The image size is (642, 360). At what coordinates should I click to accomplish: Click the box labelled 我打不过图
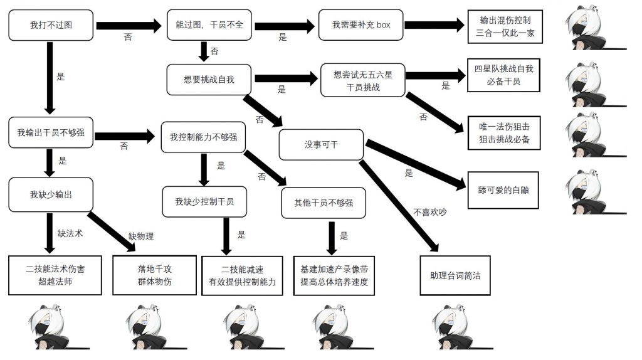(51, 26)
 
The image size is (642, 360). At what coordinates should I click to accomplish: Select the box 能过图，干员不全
(209, 26)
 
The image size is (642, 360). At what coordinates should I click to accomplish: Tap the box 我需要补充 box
(361, 26)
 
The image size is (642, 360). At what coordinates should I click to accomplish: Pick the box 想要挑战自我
(209, 79)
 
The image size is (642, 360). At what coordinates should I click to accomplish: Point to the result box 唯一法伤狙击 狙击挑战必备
(504, 132)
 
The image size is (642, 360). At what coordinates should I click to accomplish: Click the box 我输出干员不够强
(51, 132)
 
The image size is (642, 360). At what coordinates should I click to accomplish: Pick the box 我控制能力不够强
(203, 136)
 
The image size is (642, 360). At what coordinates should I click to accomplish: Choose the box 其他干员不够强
(324, 203)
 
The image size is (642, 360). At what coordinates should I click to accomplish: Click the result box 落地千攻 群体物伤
(155, 275)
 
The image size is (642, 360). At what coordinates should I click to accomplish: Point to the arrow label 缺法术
(70, 233)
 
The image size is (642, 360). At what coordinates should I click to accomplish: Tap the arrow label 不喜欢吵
(430, 211)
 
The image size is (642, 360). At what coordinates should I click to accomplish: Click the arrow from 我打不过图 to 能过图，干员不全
(129, 26)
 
